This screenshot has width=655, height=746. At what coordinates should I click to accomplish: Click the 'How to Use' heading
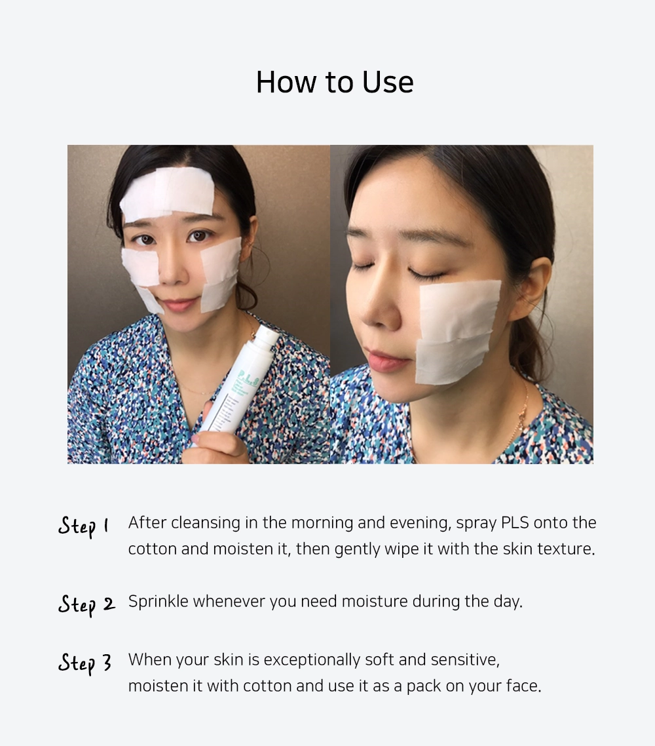click(335, 83)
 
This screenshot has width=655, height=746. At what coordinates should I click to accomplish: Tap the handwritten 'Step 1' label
click(84, 526)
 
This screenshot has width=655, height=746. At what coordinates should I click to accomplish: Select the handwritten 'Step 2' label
click(86, 604)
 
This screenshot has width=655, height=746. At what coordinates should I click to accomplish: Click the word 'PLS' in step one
click(515, 523)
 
